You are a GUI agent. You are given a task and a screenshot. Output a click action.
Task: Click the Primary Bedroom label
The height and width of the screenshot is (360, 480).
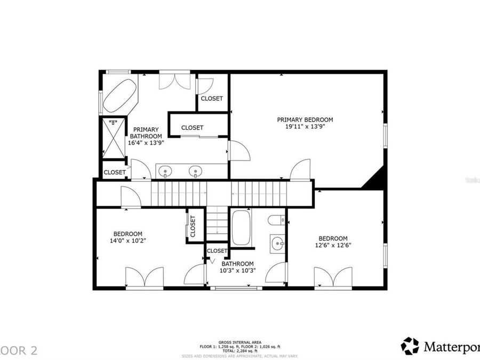pyautogui.click(x=305, y=119)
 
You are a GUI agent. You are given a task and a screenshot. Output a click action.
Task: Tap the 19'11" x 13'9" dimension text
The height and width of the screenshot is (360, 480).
pyautogui.click(x=305, y=127)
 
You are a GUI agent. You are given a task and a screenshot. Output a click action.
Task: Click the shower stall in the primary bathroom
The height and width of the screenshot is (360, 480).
pyautogui.click(x=113, y=138)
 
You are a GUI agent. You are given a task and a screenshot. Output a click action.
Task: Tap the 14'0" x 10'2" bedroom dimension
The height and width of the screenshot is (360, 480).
pyautogui.click(x=127, y=241)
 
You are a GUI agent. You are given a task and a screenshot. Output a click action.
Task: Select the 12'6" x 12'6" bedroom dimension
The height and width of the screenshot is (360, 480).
pyautogui.click(x=333, y=245)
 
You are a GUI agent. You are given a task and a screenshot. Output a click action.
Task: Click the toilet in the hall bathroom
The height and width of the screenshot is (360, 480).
pyautogui.click(x=276, y=220)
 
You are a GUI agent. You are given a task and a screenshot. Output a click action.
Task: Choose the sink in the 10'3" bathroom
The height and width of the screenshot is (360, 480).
pyautogui.click(x=277, y=244)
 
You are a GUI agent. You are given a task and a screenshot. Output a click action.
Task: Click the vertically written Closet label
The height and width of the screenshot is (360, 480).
pyautogui.click(x=193, y=226)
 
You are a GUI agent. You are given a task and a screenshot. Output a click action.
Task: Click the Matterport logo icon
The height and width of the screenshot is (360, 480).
pyautogui.click(x=410, y=346)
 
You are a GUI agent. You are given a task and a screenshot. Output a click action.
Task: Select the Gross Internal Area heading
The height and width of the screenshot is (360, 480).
pyautogui.click(x=232, y=342)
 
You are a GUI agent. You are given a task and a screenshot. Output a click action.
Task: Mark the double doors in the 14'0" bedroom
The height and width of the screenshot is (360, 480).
pyautogui.click(x=144, y=277)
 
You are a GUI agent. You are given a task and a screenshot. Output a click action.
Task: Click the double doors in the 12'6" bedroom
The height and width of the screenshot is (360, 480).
pyautogui.click(x=333, y=278)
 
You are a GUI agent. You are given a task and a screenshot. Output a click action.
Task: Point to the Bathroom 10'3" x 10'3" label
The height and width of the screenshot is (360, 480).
pyautogui.click(x=238, y=267)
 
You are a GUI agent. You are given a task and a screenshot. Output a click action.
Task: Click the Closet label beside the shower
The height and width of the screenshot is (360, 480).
pyautogui.click(x=115, y=172)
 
